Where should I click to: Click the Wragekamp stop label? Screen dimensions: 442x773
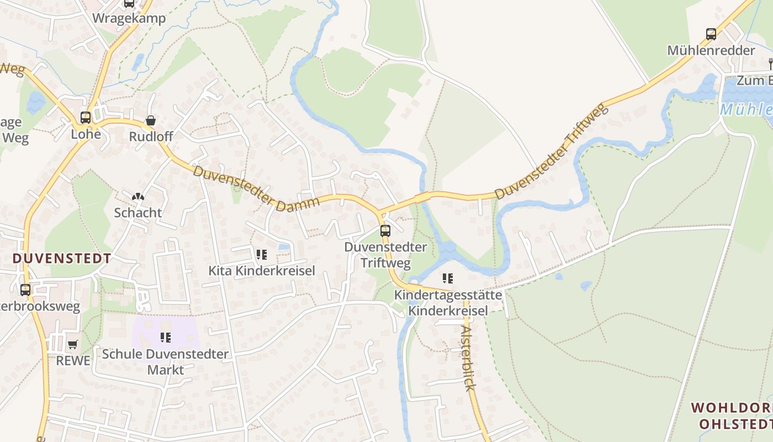pos(129,18)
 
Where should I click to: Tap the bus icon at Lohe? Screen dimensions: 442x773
pos(86,118)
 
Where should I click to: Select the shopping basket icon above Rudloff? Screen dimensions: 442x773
pos(150,120)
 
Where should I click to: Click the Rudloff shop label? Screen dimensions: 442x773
pos(151,136)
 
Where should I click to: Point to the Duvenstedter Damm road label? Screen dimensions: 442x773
pos(256,187)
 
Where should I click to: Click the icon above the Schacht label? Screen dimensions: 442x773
pos(138,197)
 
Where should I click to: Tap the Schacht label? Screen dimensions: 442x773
pos(138,212)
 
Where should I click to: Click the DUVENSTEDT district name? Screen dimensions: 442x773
pos(61,258)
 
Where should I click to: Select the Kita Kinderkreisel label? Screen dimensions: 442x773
pos(261,271)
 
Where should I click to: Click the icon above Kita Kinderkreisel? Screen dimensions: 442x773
pos(261,255)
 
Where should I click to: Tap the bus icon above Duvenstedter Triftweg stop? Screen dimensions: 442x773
pos(385,231)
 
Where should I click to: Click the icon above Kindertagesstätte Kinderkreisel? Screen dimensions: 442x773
pos(448,278)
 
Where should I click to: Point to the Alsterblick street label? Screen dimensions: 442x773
pos(468,358)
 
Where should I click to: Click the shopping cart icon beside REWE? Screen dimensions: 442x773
pos(72,345)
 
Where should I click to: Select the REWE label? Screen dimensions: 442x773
pos(73,361)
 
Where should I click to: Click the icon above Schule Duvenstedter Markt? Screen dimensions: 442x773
pos(165,337)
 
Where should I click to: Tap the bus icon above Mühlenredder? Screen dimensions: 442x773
pos(711,34)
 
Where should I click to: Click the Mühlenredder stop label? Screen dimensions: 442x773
pos(711,50)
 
